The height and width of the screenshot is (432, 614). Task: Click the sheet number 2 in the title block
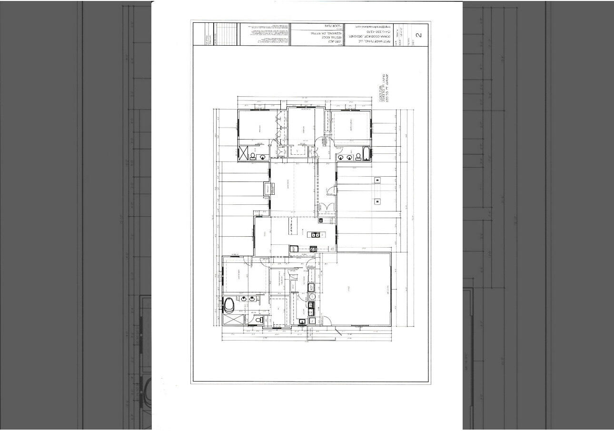point(419,35)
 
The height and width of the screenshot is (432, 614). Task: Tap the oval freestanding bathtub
point(229,305)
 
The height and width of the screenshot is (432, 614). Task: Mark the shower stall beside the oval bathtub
point(231,320)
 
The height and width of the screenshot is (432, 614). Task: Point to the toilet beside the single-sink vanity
point(253,156)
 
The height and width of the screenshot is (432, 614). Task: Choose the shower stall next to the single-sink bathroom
point(244,153)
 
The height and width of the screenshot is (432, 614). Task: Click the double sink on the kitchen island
point(315,234)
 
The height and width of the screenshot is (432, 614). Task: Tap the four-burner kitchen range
point(314,249)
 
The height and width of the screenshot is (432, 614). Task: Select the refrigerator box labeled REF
point(294,249)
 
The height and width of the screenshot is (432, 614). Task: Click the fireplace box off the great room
point(267,189)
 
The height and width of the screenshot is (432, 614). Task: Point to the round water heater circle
point(312,297)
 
